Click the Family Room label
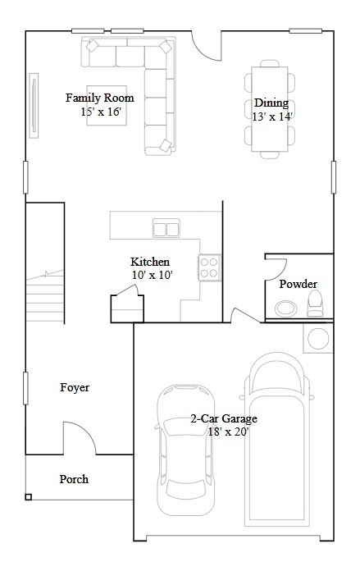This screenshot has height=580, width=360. (100, 98)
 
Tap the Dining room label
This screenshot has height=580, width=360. (271, 103)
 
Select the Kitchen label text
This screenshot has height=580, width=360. (150, 262)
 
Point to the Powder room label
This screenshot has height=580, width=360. (298, 284)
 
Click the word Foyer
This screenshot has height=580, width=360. (75, 387)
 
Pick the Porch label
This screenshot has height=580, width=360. (74, 479)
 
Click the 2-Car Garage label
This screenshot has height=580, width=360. (224, 418)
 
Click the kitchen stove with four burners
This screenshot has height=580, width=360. (209, 267)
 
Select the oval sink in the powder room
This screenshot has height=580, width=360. (286, 308)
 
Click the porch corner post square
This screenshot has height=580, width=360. (29, 496)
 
